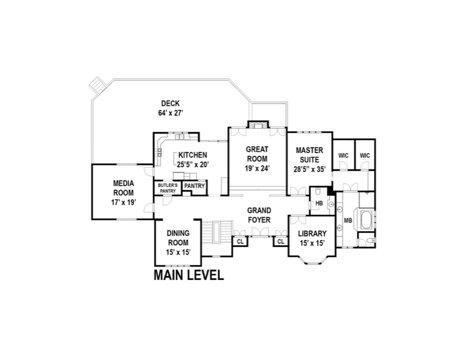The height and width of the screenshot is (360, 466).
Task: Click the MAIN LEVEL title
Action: pos(188,275)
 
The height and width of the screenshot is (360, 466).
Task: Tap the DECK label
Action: pos(171,104)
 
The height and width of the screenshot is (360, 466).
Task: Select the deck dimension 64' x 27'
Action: pos(171,114)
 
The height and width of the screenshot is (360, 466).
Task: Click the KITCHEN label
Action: pos(189,155)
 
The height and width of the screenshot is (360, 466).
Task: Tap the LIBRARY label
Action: pos(312,234)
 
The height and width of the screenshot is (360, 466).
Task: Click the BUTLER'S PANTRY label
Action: pos(167,188)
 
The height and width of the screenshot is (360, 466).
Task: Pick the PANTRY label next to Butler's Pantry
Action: pos(194,186)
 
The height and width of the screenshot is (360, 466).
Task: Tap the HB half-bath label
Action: pos(319,204)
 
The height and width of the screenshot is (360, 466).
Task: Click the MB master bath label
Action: pos(348,220)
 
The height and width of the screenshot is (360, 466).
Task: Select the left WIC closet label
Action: pos(344,155)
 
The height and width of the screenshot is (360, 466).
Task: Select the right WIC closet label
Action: pos(365,155)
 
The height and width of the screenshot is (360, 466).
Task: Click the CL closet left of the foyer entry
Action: pos(239,241)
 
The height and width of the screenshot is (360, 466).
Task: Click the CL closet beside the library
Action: pos(280,241)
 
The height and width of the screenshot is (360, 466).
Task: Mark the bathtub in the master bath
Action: pos(365,219)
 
